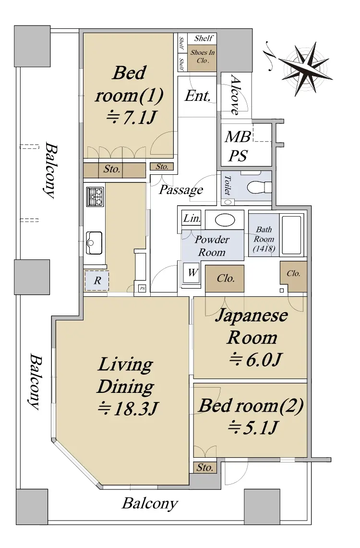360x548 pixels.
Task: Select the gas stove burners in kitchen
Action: (95, 197)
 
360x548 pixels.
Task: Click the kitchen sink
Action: (94, 243)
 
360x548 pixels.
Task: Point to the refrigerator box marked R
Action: (97, 280)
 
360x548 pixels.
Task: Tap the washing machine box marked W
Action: (192, 273)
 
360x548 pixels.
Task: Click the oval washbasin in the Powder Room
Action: (225, 220)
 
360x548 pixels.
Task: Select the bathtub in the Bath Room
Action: (291, 235)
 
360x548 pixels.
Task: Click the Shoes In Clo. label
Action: (203, 56)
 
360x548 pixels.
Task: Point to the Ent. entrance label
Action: (198, 96)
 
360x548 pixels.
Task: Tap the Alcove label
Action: (236, 95)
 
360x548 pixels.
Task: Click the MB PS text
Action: (238, 146)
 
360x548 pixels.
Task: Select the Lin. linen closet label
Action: (192, 219)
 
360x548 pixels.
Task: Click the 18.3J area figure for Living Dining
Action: (128, 409)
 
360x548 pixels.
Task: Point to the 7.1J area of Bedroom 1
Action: (131, 118)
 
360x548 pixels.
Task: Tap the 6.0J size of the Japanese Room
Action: (255, 359)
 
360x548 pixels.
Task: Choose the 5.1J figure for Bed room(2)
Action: (253, 427)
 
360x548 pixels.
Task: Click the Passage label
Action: (181, 190)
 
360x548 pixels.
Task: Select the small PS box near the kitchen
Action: (142, 289)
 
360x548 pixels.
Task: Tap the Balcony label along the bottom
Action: (150, 504)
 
